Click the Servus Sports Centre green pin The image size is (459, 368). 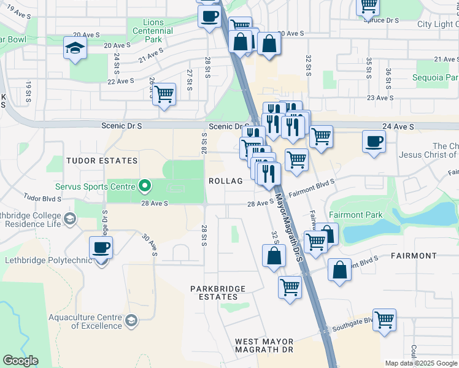click(145, 185)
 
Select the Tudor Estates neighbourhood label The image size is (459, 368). click(101, 161)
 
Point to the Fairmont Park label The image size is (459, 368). click(355, 215)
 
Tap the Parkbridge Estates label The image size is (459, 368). click(218, 293)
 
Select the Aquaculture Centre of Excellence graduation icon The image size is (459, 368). click(131, 320)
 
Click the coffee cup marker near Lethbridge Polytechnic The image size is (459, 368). click(101, 249)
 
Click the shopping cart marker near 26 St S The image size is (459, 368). click(164, 94)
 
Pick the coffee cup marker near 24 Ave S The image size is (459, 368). click(374, 142)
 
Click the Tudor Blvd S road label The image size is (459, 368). click(44, 198)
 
